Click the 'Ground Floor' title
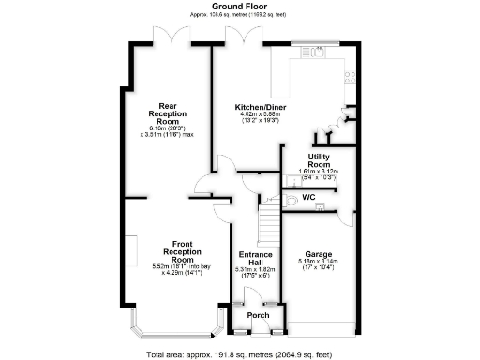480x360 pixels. [239, 6]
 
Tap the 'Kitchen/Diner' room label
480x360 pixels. [260, 107]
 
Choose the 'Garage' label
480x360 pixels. [317, 252]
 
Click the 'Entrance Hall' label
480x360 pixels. [255, 260]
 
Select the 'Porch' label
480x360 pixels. [257, 316]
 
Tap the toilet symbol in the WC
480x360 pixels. [292, 201]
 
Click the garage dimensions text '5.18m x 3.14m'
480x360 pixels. [317, 261]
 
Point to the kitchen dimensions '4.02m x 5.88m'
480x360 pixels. [260, 115]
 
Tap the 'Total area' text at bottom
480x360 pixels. [239, 354]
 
